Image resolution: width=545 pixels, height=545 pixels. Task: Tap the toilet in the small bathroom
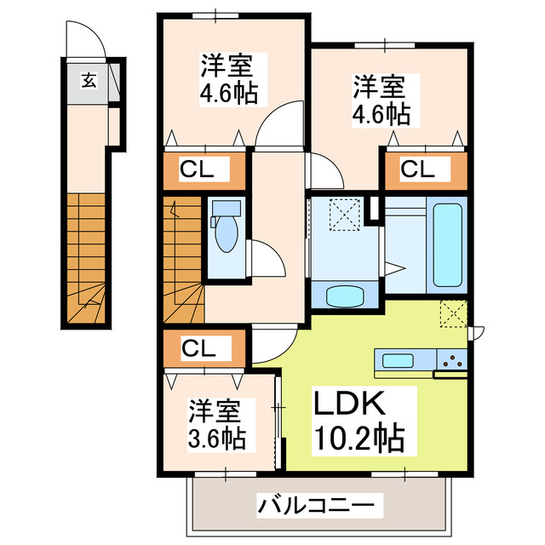(226, 235)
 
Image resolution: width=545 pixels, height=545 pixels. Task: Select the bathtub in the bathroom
(449, 244)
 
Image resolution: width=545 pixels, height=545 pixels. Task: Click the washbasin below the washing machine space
(345, 295)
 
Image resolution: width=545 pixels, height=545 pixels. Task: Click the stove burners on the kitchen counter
(455, 360)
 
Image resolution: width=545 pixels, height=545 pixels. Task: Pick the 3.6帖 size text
(216, 439)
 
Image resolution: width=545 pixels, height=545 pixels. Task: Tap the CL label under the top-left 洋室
(204, 169)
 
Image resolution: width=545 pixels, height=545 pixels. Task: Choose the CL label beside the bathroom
(418, 169)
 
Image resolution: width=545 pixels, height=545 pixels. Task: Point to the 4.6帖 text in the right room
(381, 112)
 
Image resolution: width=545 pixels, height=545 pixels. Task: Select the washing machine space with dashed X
(345, 215)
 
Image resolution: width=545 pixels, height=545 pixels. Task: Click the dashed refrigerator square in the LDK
(454, 314)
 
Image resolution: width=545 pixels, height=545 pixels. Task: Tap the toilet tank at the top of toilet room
(226, 208)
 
